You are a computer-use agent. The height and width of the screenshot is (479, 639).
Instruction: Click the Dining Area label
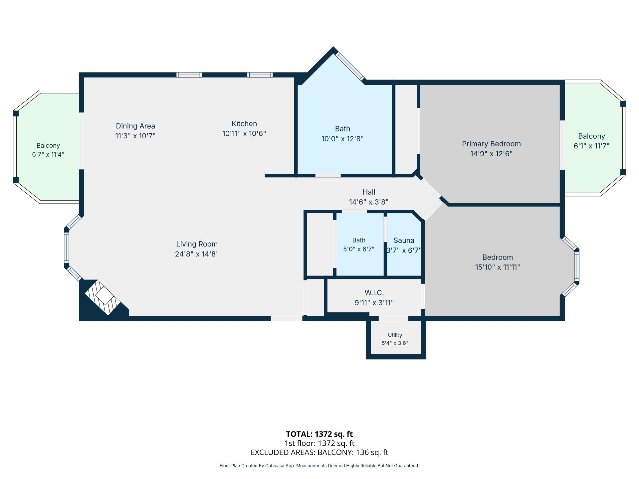click(135, 126)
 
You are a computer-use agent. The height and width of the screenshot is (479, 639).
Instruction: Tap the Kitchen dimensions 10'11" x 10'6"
click(244, 133)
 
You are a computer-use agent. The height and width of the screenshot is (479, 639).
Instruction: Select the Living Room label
click(197, 244)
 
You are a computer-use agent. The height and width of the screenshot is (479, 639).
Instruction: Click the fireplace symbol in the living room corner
click(103, 298)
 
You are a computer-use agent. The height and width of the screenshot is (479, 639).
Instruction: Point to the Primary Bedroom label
click(491, 144)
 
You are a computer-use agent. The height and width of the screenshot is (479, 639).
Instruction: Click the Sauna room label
click(404, 240)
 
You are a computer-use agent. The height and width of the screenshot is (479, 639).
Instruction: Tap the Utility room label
click(395, 335)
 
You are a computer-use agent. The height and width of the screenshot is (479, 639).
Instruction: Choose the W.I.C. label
click(374, 293)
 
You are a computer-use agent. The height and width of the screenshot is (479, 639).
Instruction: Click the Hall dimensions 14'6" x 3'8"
click(369, 202)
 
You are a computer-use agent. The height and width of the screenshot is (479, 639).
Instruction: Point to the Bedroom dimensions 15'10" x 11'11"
click(498, 267)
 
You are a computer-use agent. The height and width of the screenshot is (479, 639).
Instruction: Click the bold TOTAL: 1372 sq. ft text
click(319, 434)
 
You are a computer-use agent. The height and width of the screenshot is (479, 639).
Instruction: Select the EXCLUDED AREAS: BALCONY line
click(319, 452)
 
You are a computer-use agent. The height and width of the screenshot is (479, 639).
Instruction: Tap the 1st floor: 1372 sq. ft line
click(319, 443)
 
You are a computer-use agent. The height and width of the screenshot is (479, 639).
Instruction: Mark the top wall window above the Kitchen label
click(260, 75)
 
